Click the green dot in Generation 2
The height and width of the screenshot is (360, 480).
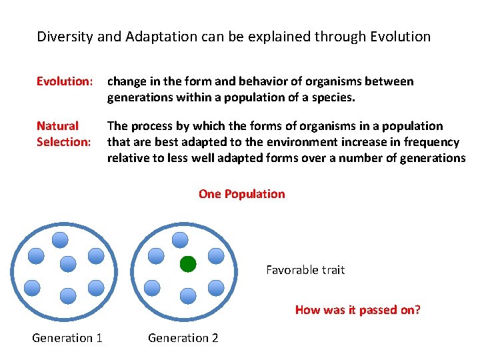tap(188, 264)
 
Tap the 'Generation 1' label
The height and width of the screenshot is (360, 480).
tap(67, 338)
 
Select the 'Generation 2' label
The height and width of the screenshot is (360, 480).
tap(183, 338)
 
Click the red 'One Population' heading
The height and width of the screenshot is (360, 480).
tap(241, 194)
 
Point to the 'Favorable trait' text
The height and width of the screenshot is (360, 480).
tap(305, 270)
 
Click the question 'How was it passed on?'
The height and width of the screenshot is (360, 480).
tap(358, 309)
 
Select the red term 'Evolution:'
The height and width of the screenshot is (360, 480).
tap(64, 81)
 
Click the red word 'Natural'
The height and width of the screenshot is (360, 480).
tap(57, 125)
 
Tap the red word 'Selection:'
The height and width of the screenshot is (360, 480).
tap(63, 141)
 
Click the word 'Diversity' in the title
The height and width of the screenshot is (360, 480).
tap(65, 37)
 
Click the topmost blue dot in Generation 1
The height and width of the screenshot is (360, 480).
tap(61, 239)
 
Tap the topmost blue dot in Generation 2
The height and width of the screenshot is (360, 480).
tap(180, 239)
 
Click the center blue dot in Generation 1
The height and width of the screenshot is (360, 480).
tap(68, 264)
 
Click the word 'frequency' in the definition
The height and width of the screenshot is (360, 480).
tap(431, 141)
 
